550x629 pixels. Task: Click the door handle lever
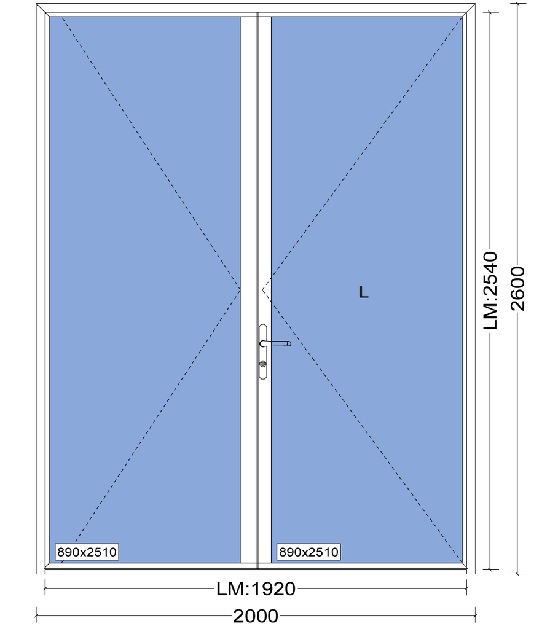pyautogui.click(x=275, y=343)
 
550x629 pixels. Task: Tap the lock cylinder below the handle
pyautogui.click(x=263, y=364)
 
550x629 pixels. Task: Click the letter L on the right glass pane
pyautogui.click(x=363, y=292)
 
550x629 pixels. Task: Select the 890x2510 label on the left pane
pyautogui.click(x=87, y=552)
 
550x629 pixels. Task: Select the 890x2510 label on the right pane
pyautogui.click(x=308, y=552)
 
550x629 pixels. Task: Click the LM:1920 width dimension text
pyautogui.click(x=256, y=589)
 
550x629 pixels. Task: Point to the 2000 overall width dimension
pyautogui.click(x=256, y=615)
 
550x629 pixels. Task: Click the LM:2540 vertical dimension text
pyautogui.click(x=490, y=291)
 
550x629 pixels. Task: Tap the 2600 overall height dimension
pyautogui.click(x=517, y=289)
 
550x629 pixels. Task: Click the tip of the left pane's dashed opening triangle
pyautogui.click(x=240, y=289)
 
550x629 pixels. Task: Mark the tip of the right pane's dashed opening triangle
pyautogui.click(x=262, y=289)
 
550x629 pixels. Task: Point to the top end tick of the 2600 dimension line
pyautogui.click(x=517, y=4)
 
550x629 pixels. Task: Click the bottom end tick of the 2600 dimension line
pyautogui.click(x=517, y=574)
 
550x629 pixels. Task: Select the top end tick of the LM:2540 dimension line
pyautogui.click(x=490, y=12)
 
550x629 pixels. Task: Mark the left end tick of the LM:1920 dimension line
pyautogui.click(x=45, y=589)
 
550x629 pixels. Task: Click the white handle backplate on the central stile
pyautogui.click(x=263, y=352)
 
